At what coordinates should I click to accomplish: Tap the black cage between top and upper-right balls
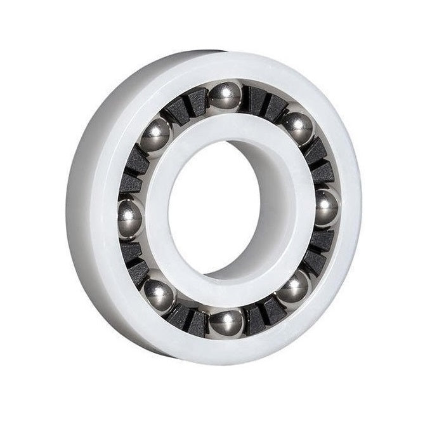[x=265, y=103]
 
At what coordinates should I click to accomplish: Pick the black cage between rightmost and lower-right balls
[x=318, y=251]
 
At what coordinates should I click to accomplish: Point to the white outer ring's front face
[x=95, y=209]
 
